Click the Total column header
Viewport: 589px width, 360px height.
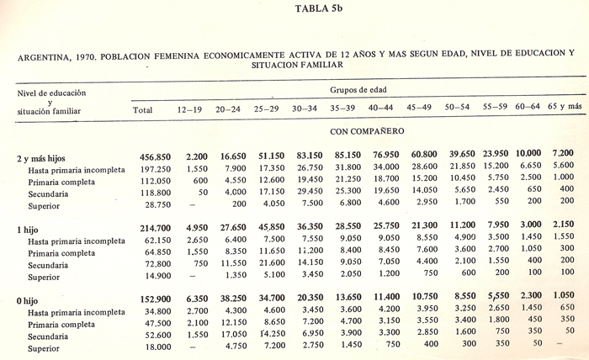click(143, 110)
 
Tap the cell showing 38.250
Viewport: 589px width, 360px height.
click(229, 299)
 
